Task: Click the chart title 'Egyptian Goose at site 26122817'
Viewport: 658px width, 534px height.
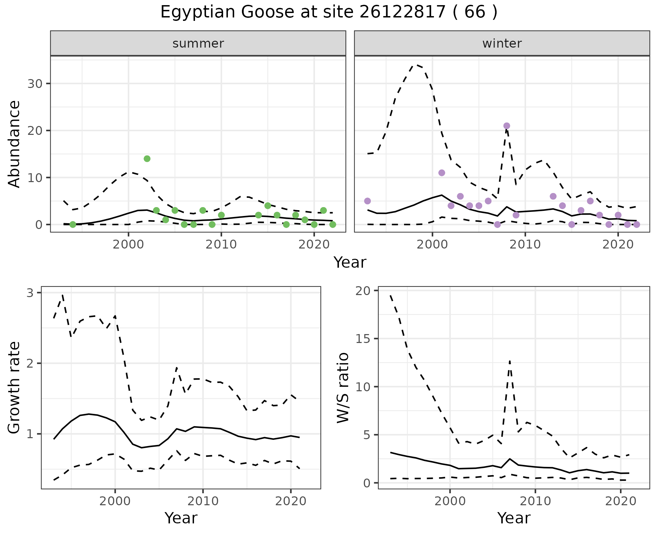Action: tap(328, 13)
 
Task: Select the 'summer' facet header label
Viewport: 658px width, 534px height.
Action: tap(198, 43)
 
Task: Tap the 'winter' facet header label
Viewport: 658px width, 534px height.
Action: tap(502, 43)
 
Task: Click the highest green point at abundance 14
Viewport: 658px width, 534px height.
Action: tap(147, 158)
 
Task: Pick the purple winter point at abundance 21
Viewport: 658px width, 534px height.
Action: tap(507, 126)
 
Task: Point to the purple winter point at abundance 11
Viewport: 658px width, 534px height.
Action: tap(442, 173)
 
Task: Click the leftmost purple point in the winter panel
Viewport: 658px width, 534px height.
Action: tap(367, 201)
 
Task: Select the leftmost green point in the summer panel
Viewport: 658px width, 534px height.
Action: tap(73, 225)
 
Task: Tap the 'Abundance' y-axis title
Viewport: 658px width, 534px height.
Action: tap(14, 144)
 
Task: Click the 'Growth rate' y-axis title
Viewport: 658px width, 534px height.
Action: tap(14, 387)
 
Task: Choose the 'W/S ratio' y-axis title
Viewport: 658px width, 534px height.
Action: tap(343, 387)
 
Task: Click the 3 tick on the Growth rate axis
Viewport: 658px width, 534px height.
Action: tap(30, 293)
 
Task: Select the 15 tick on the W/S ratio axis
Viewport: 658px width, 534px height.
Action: tap(365, 339)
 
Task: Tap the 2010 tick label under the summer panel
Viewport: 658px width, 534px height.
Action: tap(221, 244)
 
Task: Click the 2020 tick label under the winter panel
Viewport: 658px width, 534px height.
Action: tap(618, 244)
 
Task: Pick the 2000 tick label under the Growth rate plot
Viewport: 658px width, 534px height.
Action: tap(115, 501)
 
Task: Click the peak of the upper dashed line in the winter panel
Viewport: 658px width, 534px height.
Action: tap(416, 64)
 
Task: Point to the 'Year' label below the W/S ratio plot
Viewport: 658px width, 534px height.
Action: tap(514, 518)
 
